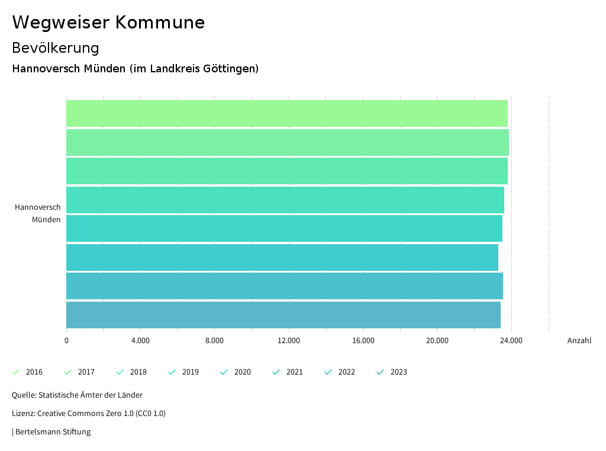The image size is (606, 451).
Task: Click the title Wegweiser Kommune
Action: coord(108,23)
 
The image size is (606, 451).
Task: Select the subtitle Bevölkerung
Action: coord(56,47)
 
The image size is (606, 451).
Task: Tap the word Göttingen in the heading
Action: coord(230,69)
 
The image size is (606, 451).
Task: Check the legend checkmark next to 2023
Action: coord(381,372)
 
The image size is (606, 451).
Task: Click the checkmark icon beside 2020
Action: coord(224,372)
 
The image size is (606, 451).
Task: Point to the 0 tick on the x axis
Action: coord(66,341)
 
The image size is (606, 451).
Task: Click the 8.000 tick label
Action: coord(214,341)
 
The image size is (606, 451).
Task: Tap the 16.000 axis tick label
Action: coord(363,341)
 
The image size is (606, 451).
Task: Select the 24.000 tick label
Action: coord(511,341)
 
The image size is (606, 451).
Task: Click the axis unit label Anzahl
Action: coord(579,341)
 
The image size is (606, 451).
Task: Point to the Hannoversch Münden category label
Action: coord(38,213)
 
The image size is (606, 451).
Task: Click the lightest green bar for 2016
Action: coord(286,114)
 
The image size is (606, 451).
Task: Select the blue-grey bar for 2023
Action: coord(283,315)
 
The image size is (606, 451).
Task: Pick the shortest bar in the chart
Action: coord(282,257)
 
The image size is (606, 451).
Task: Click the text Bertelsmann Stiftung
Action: coord(53,432)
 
